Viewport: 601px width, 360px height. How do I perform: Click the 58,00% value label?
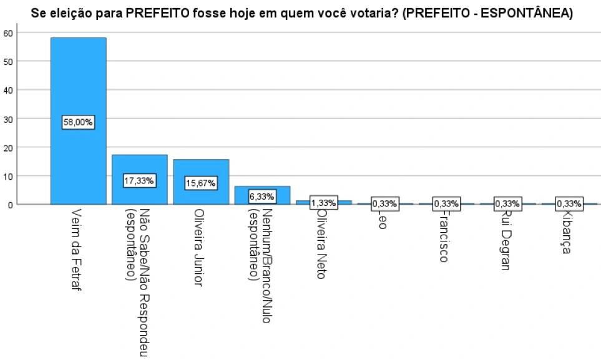[x=78, y=123]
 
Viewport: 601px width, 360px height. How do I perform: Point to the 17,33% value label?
[x=139, y=181]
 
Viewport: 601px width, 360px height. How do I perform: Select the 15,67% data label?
[x=201, y=183]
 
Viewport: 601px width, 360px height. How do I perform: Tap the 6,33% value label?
[x=262, y=195]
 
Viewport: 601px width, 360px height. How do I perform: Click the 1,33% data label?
[x=323, y=203]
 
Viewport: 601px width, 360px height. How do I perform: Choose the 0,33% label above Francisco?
[x=446, y=203]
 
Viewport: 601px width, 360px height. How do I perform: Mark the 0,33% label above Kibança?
[x=569, y=203]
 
